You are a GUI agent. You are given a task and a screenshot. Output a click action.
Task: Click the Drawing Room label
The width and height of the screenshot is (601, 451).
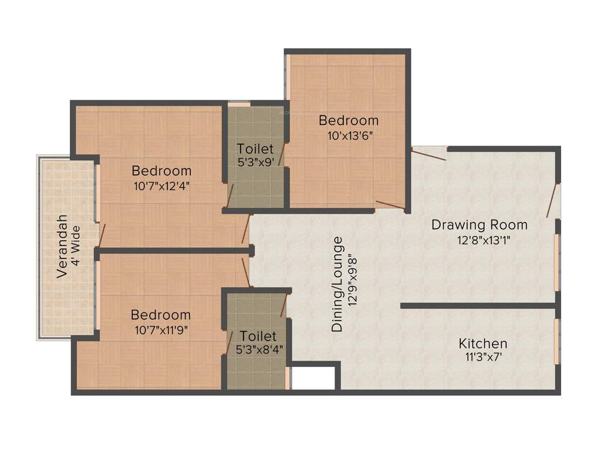pos(479,224)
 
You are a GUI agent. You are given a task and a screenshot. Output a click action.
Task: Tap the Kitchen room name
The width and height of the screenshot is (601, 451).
pos(482,343)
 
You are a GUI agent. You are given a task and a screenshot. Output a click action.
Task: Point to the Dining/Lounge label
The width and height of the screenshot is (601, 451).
pos(337,284)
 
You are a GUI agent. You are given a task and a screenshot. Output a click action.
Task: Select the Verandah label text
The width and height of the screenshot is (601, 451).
pos(62,247)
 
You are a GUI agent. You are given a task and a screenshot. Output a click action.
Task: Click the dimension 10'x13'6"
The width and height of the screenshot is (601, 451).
pos(349,134)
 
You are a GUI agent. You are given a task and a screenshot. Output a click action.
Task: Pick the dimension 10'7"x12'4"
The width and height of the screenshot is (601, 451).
pos(161,185)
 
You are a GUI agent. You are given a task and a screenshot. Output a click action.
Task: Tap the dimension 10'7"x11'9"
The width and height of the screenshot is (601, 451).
pos(161,329)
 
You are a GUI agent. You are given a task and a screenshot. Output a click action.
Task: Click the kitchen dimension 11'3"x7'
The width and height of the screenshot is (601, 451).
pos(483,356)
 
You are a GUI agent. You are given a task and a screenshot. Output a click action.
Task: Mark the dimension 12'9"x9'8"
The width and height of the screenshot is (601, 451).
pos(352,284)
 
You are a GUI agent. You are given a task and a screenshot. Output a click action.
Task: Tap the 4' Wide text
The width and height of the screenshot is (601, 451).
pos(76,247)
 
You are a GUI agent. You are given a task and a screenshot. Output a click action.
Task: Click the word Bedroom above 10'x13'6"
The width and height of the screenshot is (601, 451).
pos(349,120)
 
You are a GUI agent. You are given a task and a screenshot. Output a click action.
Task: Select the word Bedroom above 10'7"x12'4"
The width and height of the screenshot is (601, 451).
pos(161,171)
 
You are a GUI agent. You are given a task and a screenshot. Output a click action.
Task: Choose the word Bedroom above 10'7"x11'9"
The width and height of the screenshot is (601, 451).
pos(161,315)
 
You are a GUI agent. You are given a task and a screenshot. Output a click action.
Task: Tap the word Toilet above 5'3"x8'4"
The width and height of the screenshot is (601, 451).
pos(258,336)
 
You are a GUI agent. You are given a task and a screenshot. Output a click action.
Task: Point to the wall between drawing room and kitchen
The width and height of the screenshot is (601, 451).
pos(478,305)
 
